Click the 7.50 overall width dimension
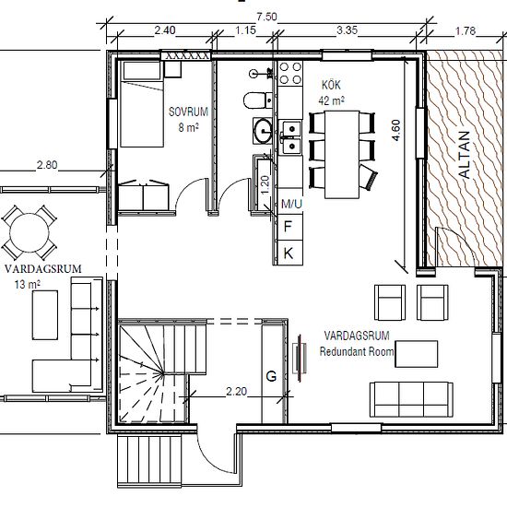[x=266, y=17]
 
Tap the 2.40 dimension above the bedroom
[x=165, y=30]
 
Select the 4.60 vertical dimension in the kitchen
[x=396, y=130]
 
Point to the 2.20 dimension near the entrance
[x=236, y=392]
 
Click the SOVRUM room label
[x=188, y=112]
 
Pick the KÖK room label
[x=331, y=85]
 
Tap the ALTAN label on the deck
[x=465, y=155]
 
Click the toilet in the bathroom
[x=258, y=100]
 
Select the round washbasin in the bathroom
[x=263, y=131]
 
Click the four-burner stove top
[x=290, y=74]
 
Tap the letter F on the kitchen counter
[x=288, y=227]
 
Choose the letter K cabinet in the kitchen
[x=289, y=253]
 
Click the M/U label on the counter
[x=291, y=204]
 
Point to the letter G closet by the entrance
[x=271, y=376]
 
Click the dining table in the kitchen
[x=342, y=155]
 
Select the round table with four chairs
[x=29, y=232]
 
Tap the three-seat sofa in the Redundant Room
[x=411, y=399]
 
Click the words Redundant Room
[x=357, y=351]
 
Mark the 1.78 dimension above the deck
[x=466, y=30]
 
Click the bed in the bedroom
[x=142, y=104]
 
